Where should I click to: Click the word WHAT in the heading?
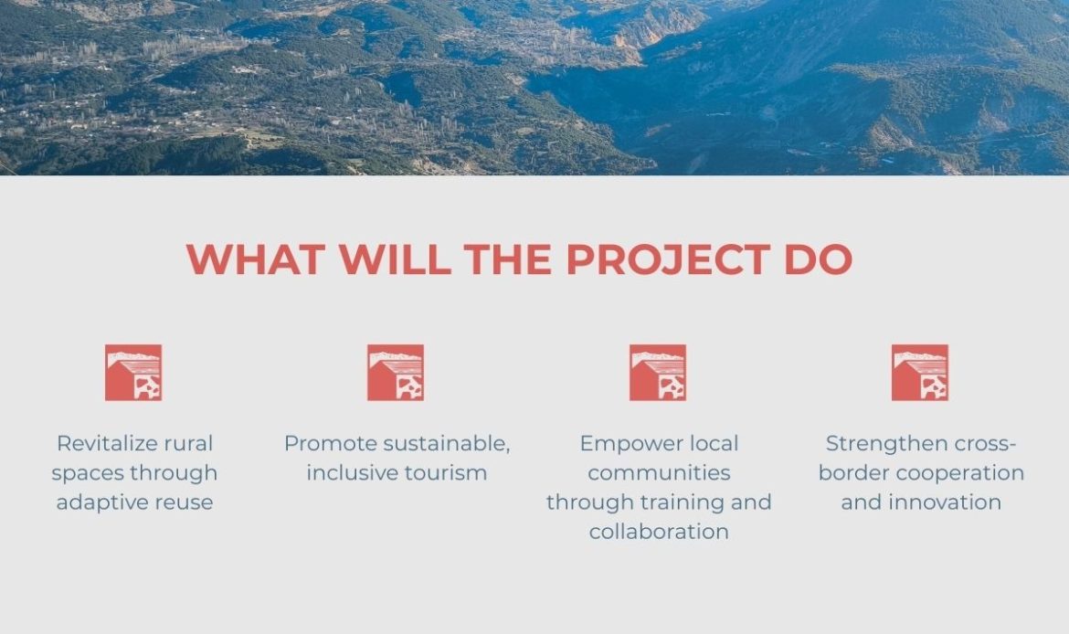pyautogui.click(x=255, y=259)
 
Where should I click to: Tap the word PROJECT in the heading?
pyautogui.click(x=668, y=259)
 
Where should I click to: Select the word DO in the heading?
pyautogui.click(x=818, y=259)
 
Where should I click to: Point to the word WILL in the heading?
pyautogui.click(x=396, y=259)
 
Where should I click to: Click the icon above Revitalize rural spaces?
pyautogui.click(x=133, y=372)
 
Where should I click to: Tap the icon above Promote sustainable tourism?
pyautogui.click(x=396, y=372)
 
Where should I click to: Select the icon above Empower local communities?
pyautogui.click(x=658, y=372)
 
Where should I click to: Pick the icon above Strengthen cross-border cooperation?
pyautogui.click(x=920, y=372)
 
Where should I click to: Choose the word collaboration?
pyautogui.click(x=660, y=532)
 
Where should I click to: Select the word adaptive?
pyautogui.click(x=101, y=503)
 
